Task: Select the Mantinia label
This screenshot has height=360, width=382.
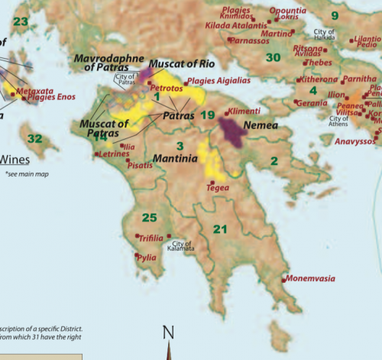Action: tap(177, 159)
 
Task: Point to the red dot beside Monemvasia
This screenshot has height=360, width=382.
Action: tap(284, 280)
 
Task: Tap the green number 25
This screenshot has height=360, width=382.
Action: tap(150, 218)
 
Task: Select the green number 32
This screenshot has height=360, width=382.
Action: tap(34, 138)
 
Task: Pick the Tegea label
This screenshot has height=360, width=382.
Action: tap(218, 186)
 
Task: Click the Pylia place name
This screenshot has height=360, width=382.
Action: tap(146, 258)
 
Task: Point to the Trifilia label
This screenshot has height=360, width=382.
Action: tap(151, 238)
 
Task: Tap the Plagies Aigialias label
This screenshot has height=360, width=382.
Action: tap(219, 80)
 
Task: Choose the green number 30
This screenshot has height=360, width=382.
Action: tap(273, 57)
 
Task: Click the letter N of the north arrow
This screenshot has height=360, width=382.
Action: tap(169, 332)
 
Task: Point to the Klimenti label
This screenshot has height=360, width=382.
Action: tap(243, 112)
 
